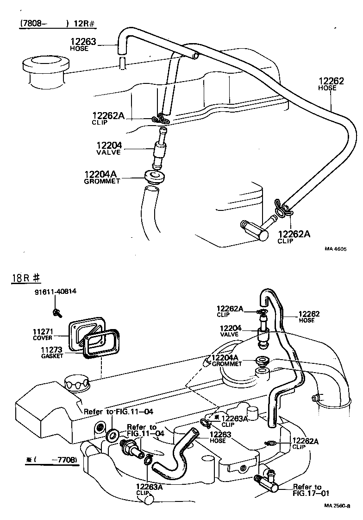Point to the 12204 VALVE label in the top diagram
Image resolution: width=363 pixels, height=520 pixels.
(x=109, y=148)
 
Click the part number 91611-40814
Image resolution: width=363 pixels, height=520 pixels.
(x=55, y=292)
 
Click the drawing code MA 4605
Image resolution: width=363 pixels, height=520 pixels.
(x=335, y=249)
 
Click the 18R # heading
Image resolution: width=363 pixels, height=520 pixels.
(x=27, y=278)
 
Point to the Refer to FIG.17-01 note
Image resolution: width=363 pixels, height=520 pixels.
(x=307, y=490)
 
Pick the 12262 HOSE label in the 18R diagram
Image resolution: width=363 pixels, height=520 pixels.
(x=309, y=317)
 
